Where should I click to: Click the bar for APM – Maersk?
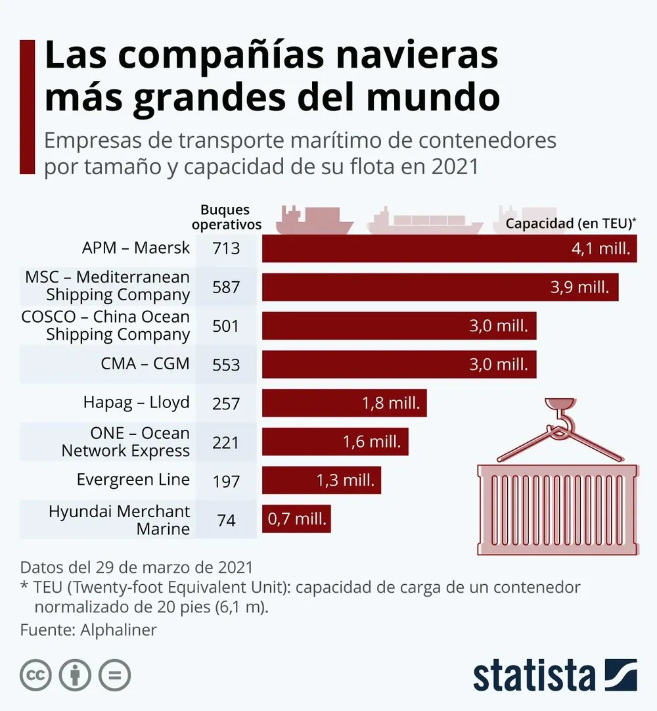tap(449, 249)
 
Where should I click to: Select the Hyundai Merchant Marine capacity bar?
tap(296, 519)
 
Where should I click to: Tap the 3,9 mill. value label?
tap(579, 287)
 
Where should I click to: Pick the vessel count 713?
tap(226, 249)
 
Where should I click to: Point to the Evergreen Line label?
tap(133, 480)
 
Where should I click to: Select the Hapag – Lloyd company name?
tap(136, 402)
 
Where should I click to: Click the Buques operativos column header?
tap(226, 217)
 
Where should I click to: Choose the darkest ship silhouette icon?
tap(313, 221)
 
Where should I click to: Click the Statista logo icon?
tap(620, 675)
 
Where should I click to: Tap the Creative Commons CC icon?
tap(35, 675)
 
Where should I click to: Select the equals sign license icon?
tap(114, 675)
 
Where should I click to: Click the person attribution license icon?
tap(75, 675)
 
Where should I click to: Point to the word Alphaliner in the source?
tap(118, 630)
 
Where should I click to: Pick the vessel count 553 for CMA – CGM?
tap(226, 365)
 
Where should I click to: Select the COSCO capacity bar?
tap(399, 326)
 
